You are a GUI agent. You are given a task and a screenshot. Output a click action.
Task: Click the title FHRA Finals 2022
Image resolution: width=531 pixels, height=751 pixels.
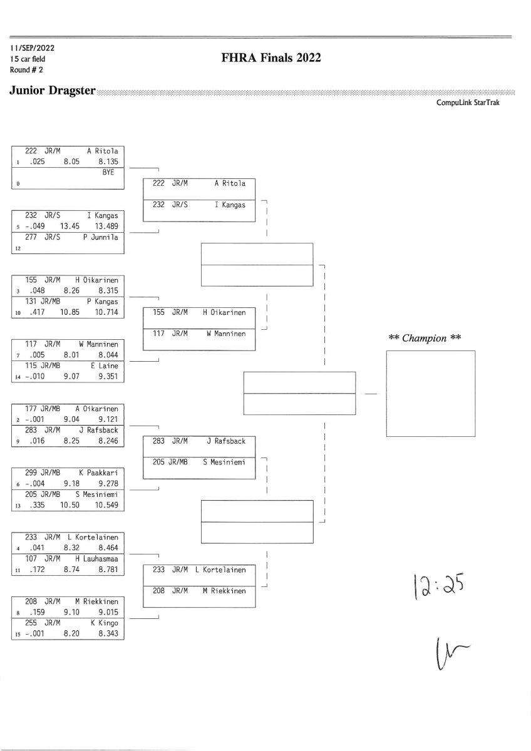pos(271,58)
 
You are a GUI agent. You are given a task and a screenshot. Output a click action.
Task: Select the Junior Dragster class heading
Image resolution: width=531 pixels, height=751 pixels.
pos(53,91)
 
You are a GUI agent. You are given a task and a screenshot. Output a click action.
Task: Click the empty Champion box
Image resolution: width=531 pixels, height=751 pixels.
pos(430,394)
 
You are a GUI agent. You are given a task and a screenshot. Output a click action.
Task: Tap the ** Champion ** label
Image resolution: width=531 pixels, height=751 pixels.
pos(425,338)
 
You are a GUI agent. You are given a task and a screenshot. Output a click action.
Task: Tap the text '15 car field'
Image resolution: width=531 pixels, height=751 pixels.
pos(28,59)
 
